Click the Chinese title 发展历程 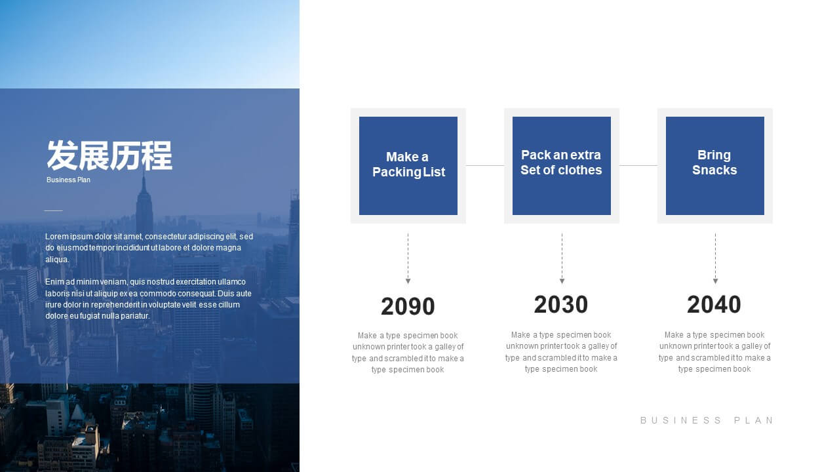click(109, 155)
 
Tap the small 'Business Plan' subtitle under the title click(68, 180)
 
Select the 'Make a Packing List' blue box click(408, 166)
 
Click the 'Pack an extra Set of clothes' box click(562, 166)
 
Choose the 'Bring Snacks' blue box click(714, 166)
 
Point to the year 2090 click(408, 306)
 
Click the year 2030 click(560, 304)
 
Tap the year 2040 click(714, 304)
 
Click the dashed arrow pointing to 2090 click(408, 258)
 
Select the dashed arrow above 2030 click(562, 258)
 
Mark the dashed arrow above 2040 click(715, 258)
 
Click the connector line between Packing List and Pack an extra click(485, 165)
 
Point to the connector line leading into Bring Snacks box click(638, 165)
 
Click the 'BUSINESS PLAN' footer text click(707, 420)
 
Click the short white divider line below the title click(54, 210)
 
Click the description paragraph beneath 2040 click(714, 352)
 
